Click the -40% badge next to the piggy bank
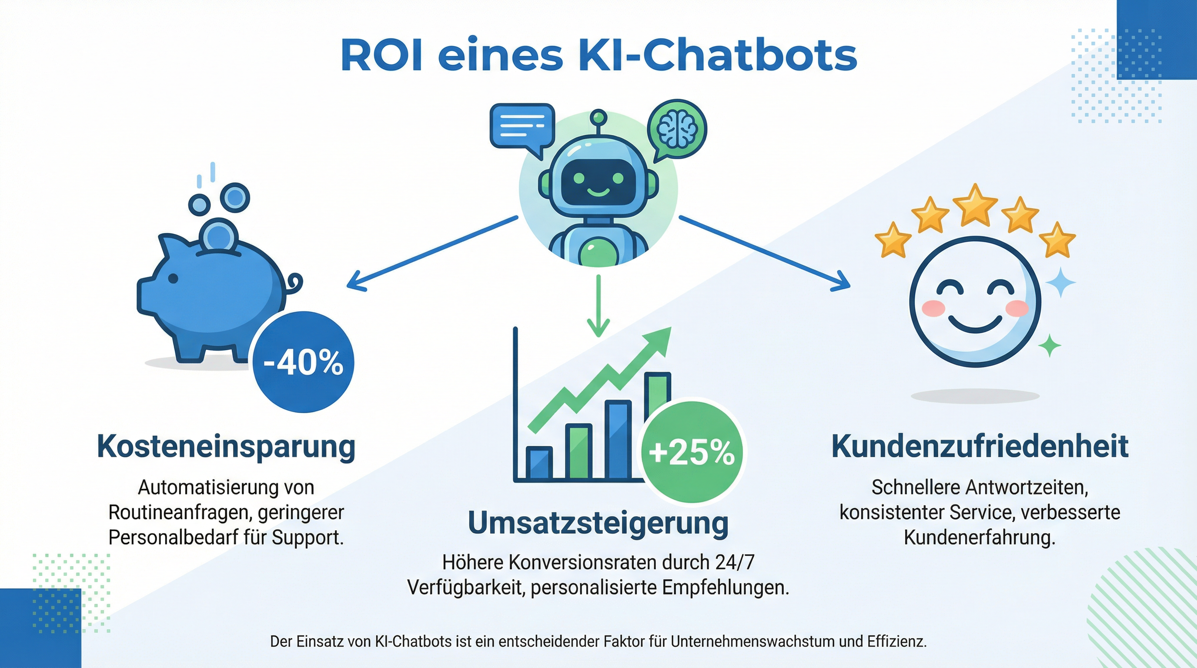pyautogui.click(x=304, y=362)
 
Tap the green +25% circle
pyautogui.click(x=692, y=452)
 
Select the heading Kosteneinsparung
pyautogui.click(x=226, y=447)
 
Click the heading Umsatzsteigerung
pyautogui.click(x=598, y=523)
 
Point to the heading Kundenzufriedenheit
pyautogui.click(x=980, y=447)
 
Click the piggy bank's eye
pyautogui.click(x=173, y=278)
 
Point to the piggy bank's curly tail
pyautogui.click(x=294, y=282)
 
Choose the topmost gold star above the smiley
pyautogui.click(x=975, y=205)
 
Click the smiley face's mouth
pyautogui.click(x=975, y=324)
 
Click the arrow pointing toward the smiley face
pyautogui.click(x=764, y=253)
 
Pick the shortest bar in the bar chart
pyautogui.click(x=539, y=462)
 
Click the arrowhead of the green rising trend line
pyautogui.click(x=660, y=338)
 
